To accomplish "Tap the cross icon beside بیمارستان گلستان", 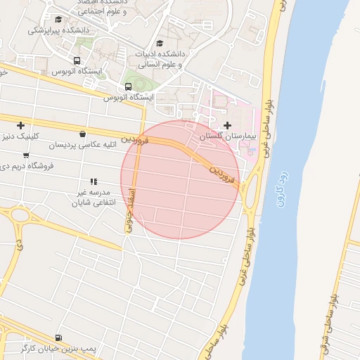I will [x=227, y=125].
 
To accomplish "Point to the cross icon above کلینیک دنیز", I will [x=20, y=125].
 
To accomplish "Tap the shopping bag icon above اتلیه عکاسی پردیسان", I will [x=84, y=134].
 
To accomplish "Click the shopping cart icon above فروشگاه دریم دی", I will [x=27, y=155].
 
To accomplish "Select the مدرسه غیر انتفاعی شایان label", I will [x=92, y=197].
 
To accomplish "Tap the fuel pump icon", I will [x=58, y=337].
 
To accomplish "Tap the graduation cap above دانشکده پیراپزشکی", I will [x=58, y=20].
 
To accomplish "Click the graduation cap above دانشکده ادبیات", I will [x=168, y=44].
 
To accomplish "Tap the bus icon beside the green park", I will [x=127, y=86].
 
